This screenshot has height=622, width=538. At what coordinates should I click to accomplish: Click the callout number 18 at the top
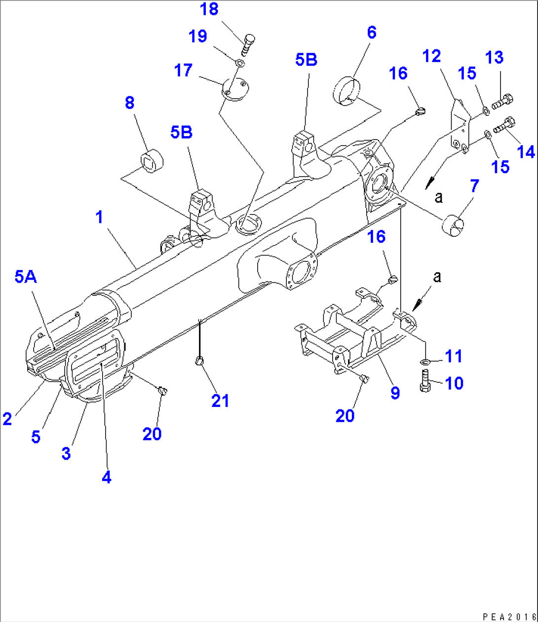[209, 9]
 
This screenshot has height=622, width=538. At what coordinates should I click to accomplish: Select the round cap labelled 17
[234, 89]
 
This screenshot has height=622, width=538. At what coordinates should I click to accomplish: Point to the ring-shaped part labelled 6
[347, 90]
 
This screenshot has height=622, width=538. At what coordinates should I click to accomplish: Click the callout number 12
[431, 56]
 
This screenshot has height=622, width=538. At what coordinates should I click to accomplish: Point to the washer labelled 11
[425, 363]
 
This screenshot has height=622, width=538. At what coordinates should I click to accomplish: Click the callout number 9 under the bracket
[395, 393]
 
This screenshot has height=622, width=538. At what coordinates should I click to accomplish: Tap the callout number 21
[220, 401]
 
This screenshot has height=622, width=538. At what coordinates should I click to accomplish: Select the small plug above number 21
[198, 362]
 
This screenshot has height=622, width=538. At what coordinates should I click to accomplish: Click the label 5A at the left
[26, 277]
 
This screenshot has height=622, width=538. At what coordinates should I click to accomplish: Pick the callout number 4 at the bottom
[107, 477]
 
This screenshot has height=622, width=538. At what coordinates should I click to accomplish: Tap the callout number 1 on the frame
[99, 217]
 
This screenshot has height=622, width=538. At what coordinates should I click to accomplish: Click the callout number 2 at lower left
[7, 419]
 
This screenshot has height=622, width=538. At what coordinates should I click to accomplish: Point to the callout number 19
[198, 37]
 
